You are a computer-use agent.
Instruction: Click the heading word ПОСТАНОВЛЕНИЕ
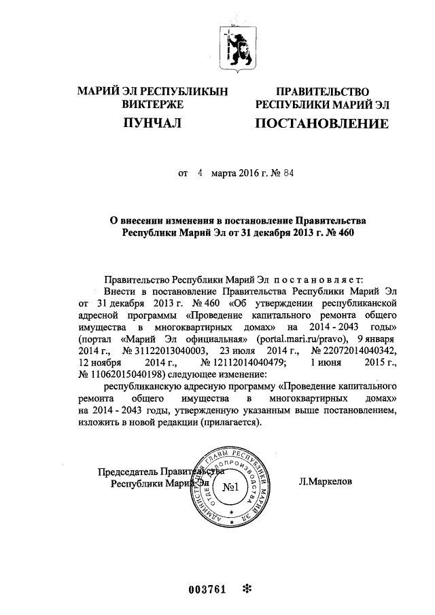tap(322, 124)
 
